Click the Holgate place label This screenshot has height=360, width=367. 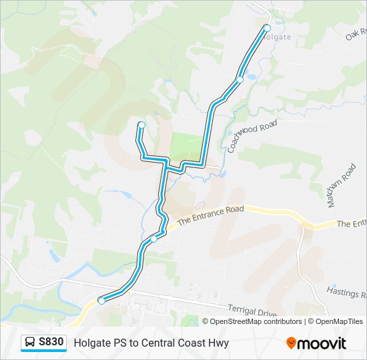click(277, 37)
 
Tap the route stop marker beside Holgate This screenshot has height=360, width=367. click(267, 28)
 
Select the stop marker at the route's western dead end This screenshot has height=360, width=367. click(141, 125)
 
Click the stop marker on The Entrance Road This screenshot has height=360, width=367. click(154, 239)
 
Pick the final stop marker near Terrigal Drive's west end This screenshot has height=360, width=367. click(101, 301)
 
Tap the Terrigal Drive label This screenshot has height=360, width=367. click(252, 311)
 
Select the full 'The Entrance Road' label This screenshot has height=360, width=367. click(212, 213)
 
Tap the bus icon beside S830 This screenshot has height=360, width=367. click(31, 343)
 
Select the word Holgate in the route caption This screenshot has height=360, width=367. click(91, 343)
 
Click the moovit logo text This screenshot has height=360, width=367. click(322, 343)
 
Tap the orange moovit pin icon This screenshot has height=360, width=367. click(292, 343)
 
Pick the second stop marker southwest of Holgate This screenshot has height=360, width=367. click(240, 79)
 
